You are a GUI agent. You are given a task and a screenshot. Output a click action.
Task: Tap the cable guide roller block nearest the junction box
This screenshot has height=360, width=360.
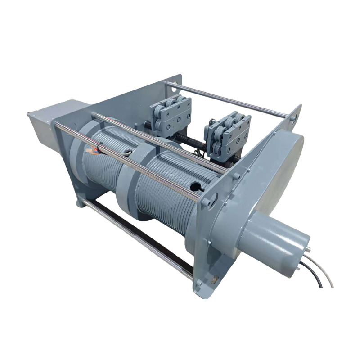click(171, 115)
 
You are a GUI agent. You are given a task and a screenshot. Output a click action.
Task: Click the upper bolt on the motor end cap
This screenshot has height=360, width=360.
click(310, 248)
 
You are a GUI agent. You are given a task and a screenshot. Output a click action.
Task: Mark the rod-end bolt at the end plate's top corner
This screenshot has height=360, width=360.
click(293, 118)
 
